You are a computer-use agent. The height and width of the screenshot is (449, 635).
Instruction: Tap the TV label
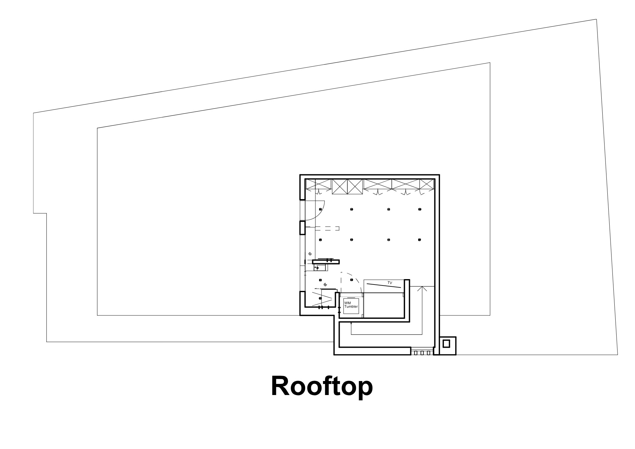(x=390, y=283)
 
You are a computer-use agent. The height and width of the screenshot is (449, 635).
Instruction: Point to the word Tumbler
(x=351, y=307)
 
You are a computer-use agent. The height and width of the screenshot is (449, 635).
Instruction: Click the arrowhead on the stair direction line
(x=422, y=289)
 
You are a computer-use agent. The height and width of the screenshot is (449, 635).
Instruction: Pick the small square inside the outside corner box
(x=446, y=344)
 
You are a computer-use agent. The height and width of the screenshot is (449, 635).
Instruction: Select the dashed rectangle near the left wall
(x=327, y=228)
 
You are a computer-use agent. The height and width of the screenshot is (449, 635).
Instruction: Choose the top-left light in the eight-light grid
(x=320, y=210)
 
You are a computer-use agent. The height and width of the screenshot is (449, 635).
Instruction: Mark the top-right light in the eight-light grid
(x=420, y=210)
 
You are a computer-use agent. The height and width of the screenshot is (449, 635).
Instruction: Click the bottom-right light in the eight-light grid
(x=420, y=240)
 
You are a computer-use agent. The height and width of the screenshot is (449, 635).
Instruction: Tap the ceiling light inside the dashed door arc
(x=351, y=280)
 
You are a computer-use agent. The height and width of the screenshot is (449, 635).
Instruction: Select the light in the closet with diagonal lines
(x=320, y=298)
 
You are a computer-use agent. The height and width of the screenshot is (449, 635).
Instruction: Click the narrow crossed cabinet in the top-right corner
(x=427, y=184)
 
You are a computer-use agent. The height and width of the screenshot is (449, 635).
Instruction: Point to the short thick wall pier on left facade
(x=303, y=228)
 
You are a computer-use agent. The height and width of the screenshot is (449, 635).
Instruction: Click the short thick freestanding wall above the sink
(x=326, y=262)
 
